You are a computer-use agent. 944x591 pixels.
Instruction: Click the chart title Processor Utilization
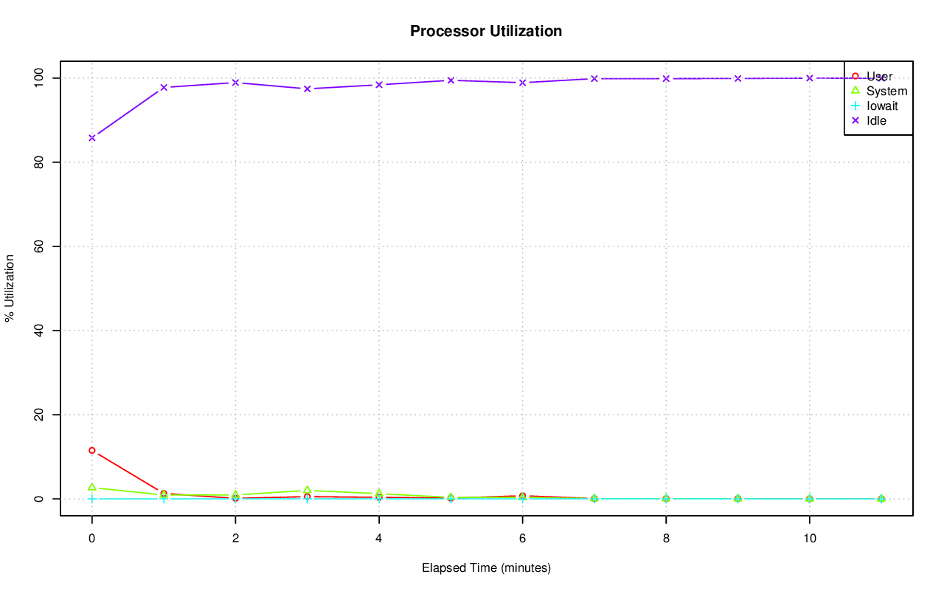coord(486,31)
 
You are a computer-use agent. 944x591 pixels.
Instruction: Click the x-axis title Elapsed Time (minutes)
coord(486,568)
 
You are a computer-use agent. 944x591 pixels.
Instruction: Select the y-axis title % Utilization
coord(10,288)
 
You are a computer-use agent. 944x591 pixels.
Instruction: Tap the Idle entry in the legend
coord(876,120)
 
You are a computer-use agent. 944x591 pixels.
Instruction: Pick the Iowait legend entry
coord(882,106)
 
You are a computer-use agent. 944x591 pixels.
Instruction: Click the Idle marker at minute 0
coord(92,138)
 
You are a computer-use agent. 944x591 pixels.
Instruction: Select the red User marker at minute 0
coord(92,450)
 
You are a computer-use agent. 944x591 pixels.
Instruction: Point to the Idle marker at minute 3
coord(308,89)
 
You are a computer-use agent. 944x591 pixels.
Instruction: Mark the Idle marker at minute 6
coord(522,83)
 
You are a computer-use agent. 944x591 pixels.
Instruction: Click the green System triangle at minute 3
coord(308,490)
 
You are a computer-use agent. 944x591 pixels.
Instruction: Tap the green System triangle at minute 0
coord(92,487)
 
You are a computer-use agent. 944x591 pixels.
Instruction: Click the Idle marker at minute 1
coord(164,87)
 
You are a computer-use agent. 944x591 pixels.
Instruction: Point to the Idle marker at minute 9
coord(737,78)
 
